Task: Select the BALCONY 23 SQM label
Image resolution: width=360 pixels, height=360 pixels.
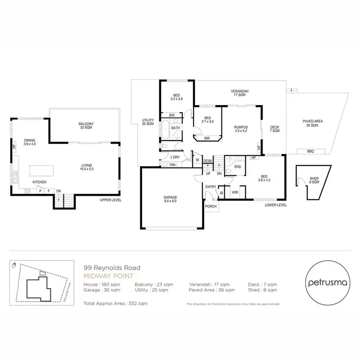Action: coord(86,126)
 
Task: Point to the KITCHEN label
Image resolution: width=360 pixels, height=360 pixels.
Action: coord(39,183)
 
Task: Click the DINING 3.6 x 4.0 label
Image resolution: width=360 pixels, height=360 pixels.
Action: coord(30,142)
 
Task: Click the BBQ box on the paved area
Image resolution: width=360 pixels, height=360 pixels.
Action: coord(310,151)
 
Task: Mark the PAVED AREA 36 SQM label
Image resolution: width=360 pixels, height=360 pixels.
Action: coord(311,123)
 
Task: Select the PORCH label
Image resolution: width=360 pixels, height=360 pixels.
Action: coord(211,206)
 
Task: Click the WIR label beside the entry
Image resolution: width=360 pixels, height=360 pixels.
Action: coord(235,192)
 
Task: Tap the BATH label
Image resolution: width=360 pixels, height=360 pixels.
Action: coord(175,128)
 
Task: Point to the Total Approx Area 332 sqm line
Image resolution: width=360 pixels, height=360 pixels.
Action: coord(116,304)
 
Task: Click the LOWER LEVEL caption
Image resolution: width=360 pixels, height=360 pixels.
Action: coord(276,204)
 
